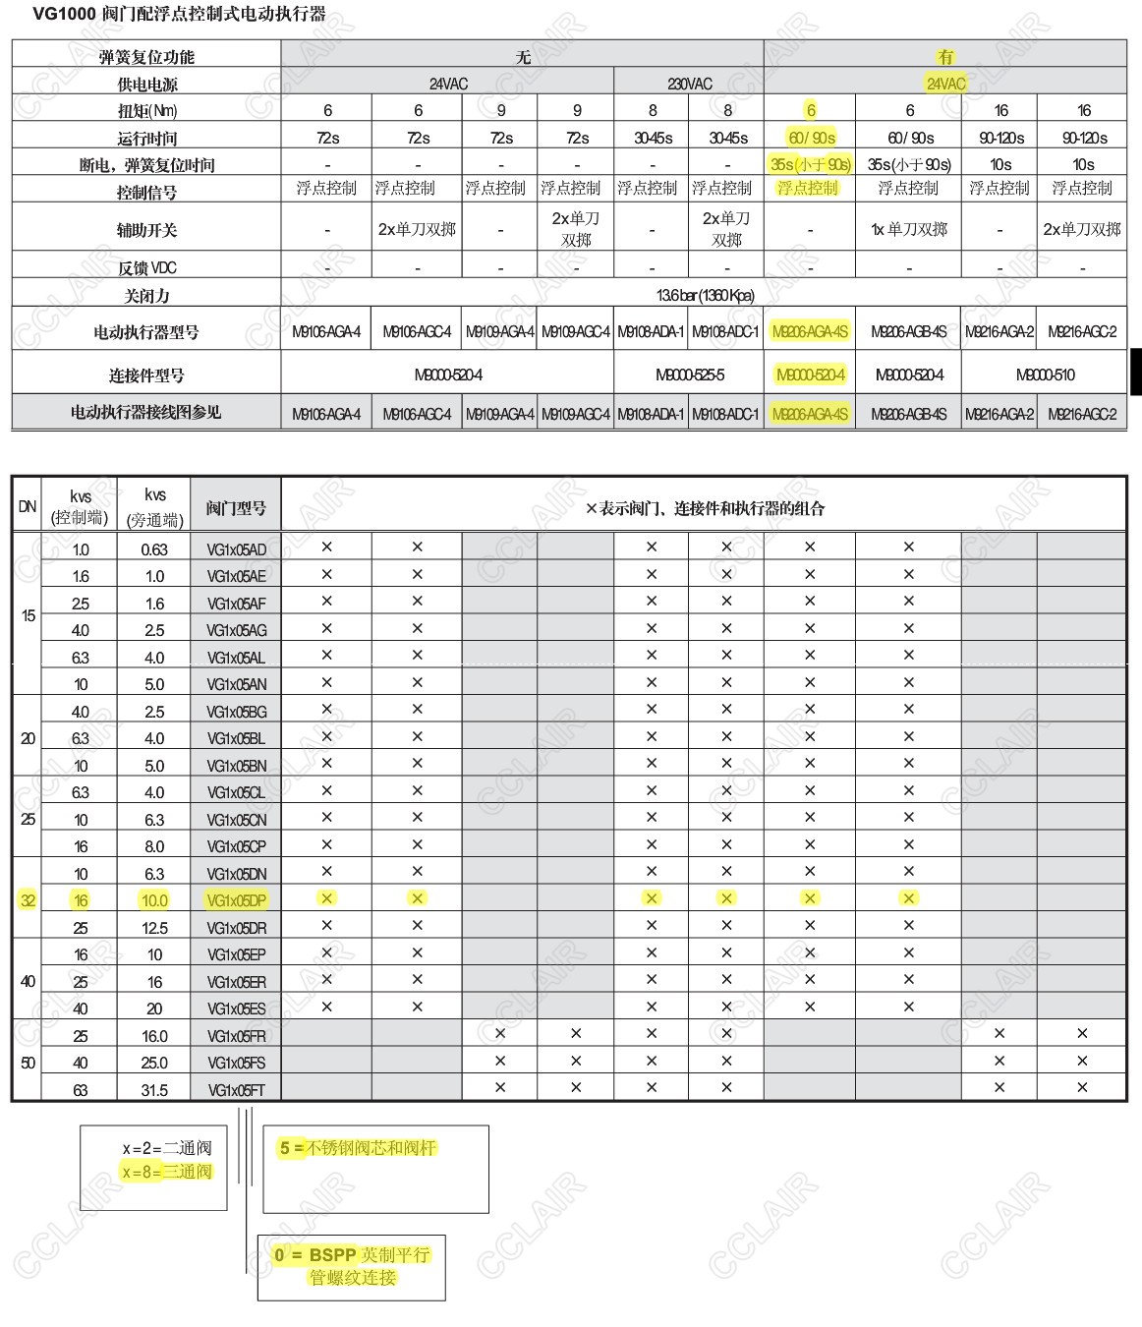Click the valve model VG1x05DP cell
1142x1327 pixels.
click(236, 900)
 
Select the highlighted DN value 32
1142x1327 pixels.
click(28, 900)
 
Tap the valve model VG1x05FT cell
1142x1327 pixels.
click(236, 1090)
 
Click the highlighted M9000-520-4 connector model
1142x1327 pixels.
click(810, 375)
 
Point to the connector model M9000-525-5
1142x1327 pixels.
click(689, 375)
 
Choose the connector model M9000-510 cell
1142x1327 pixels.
click(1045, 375)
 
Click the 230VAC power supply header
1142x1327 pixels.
click(689, 84)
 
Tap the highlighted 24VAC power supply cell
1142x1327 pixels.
click(945, 84)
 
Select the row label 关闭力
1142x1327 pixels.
click(146, 295)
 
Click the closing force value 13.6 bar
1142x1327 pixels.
click(705, 295)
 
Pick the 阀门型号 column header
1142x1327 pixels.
click(236, 508)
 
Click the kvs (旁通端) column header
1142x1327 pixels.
click(154, 507)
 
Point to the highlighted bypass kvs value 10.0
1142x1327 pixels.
click(154, 900)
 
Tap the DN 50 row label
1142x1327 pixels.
click(28, 1063)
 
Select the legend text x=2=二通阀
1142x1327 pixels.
click(167, 1148)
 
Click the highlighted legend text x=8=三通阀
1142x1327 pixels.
click(167, 1172)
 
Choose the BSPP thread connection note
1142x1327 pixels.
click(352, 1266)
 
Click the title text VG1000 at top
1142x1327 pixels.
click(65, 14)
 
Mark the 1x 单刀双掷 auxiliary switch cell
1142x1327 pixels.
click(909, 230)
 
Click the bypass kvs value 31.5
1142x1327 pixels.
click(154, 1090)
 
